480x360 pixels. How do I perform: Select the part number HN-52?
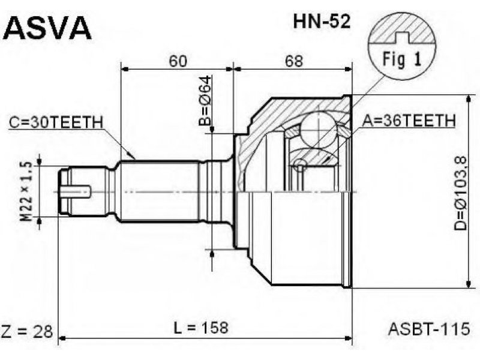coord(322,22)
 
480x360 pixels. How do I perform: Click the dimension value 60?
coord(178,61)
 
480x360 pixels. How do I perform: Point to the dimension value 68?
coord(294,61)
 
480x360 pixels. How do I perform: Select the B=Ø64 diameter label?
coord(205,101)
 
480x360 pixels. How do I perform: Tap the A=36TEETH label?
coord(409,121)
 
